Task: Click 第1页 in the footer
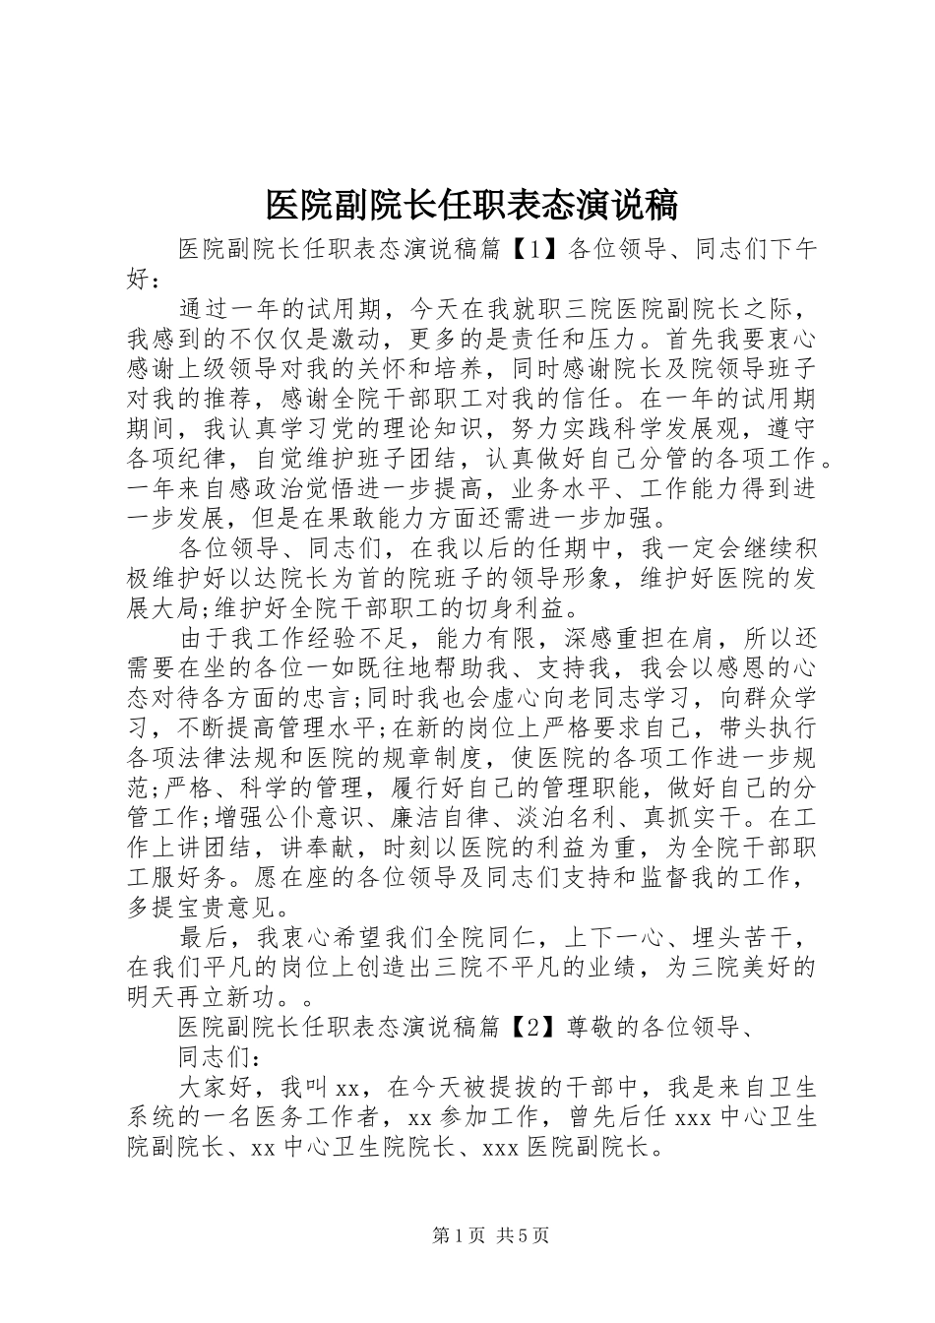point(458,1235)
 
